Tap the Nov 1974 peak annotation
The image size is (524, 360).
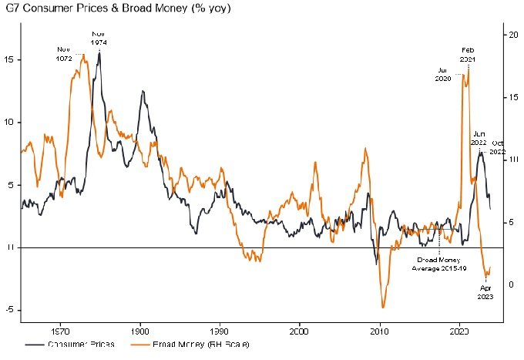[99, 39]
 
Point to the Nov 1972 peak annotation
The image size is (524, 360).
[64, 54]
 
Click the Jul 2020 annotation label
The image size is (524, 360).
[442, 73]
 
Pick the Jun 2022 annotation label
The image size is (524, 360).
[479, 138]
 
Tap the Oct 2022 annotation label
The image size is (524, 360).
[498, 148]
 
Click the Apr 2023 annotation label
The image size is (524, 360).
[486, 291]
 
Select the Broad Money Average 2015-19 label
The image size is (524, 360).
[439, 264]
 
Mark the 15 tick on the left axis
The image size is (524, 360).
[10, 59]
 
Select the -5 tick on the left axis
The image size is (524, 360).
[10, 310]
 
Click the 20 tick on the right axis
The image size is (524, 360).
[511, 35]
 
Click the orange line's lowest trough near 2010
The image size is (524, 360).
[383, 308]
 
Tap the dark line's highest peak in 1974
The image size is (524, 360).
[99, 52]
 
